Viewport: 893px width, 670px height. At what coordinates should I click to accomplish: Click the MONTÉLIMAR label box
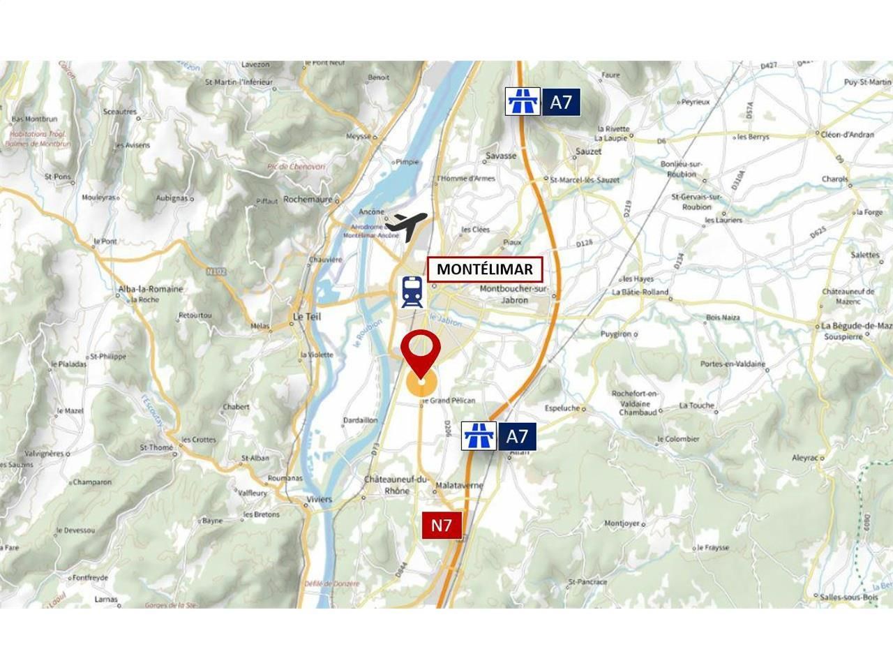pyautogui.click(x=485, y=269)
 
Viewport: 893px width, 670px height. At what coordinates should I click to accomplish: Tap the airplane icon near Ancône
pyautogui.click(x=406, y=225)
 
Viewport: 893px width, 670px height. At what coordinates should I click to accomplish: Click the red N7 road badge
pyautogui.click(x=442, y=526)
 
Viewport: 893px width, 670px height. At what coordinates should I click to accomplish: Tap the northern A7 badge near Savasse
pyautogui.click(x=543, y=102)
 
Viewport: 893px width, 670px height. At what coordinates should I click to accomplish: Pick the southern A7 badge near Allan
pyautogui.click(x=500, y=436)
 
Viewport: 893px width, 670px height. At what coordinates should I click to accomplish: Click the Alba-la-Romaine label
pyautogui.click(x=151, y=289)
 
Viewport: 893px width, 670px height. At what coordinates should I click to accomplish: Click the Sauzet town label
pyautogui.click(x=588, y=151)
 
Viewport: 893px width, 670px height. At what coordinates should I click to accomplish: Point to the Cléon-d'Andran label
pyautogui.click(x=847, y=135)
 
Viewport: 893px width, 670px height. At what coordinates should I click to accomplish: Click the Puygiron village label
pyautogui.click(x=615, y=334)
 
